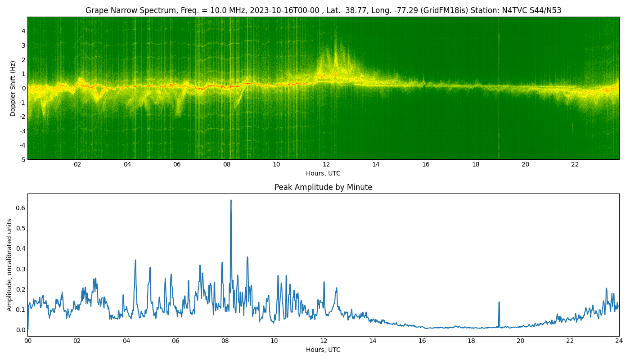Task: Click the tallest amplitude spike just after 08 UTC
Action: pyautogui.click(x=231, y=200)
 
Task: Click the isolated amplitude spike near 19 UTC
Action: pyautogui.click(x=499, y=302)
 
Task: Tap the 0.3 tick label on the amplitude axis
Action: pyautogui.click(x=21, y=269)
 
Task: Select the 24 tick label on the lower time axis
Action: pyautogui.click(x=619, y=341)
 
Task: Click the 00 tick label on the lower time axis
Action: pyautogui.click(x=27, y=341)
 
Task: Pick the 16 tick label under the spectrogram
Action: pyautogui.click(x=426, y=165)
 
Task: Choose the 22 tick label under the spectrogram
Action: pyautogui.click(x=575, y=165)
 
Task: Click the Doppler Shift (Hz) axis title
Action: pyautogui.click(x=13, y=88)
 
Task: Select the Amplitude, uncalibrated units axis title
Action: pyautogui.click(x=9, y=265)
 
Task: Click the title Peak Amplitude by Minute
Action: pyautogui.click(x=323, y=187)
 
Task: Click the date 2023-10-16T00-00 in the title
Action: pyautogui.click(x=284, y=10)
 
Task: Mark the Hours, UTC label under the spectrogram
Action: pyautogui.click(x=323, y=173)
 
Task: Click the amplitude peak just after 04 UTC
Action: pyautogui.click(x=135, y=261)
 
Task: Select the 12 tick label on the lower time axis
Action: pyautogui.click(x=324, y=341)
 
